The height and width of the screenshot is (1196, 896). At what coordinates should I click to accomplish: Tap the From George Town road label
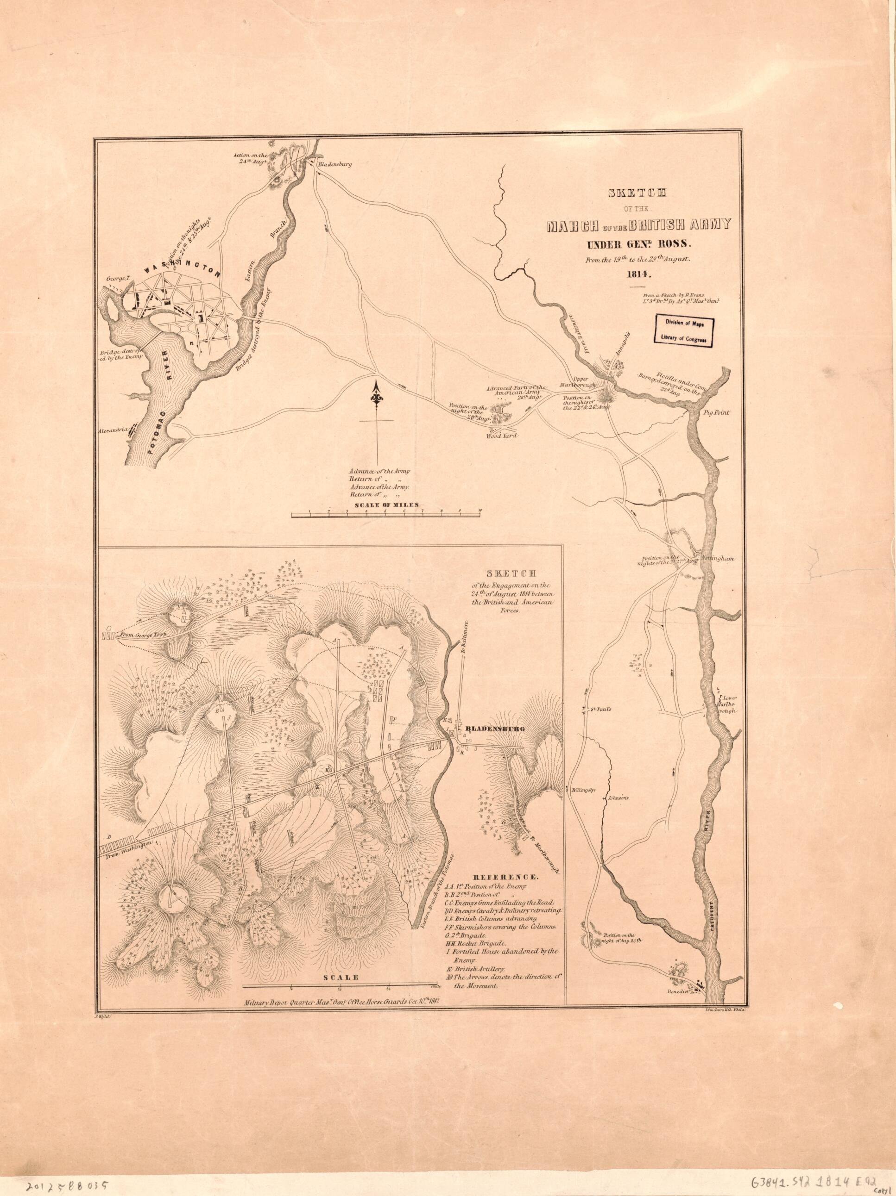point(143,634)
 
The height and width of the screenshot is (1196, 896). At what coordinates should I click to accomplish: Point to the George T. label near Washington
point(120,279)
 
